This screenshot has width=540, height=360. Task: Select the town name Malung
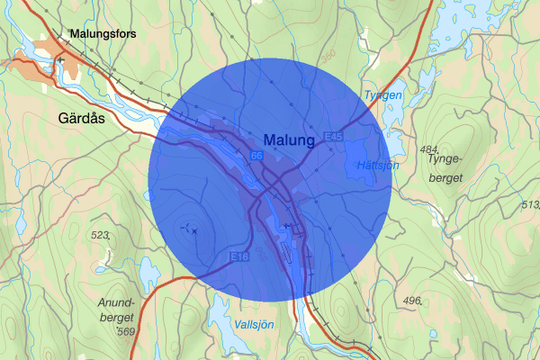[x=290, y=140]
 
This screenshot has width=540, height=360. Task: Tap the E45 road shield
[x=335, y=136]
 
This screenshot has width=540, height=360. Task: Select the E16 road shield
[x=238, y=257]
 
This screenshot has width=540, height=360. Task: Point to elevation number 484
[x=428, y=148]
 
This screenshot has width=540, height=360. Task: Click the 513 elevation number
[x=530, y=205]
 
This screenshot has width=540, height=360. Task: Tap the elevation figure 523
[x=100, y=235]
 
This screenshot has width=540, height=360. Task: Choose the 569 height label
[x=124, y=333]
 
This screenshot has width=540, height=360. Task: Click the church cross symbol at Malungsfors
[x=60, y=59]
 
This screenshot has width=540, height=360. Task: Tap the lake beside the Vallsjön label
[x=220, y=312]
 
